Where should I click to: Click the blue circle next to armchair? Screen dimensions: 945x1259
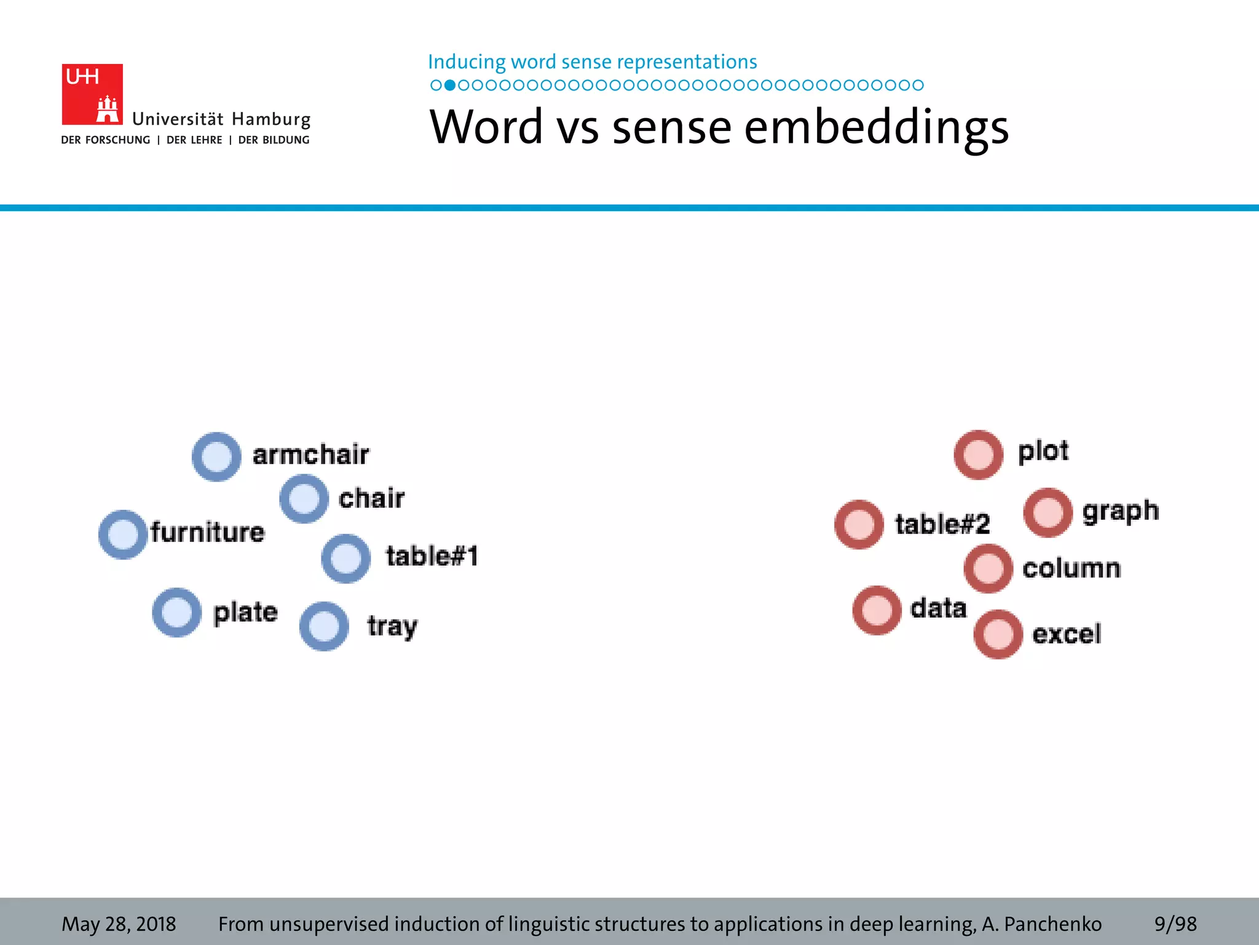pyautogui.click(x=216, y=457)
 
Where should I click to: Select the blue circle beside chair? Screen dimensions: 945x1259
pyautogui.click(x=304, y=499)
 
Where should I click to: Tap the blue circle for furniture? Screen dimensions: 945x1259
pyautogui.click(x=123, y=534)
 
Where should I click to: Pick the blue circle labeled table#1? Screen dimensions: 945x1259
pyautogui.click(x=346, y=559)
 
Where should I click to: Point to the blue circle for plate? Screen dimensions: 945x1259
pyautogui.click(x=177, y=613)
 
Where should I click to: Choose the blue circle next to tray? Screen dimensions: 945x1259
pyautogui.click(x=324, y=626)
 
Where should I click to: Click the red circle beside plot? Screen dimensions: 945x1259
pyautogui.click(x=979, y=455)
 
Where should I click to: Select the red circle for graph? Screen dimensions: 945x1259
pyautogui.click(x=1048, y=512)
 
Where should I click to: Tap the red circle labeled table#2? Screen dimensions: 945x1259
pyautogui.click(x=859, y=524)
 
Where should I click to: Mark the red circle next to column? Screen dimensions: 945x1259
pyautogui.click(x=988, y=568)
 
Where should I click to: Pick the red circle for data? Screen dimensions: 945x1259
pyautogui.click(x=877, y=610)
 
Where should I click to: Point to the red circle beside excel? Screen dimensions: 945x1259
pyautogui.click(x=998, y=634)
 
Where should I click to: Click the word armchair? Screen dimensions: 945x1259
pyautogui.click(x=310, y=455)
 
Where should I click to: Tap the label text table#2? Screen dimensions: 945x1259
pyautogui.click(x=942, y=524)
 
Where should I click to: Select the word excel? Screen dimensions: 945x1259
pyautogui.click(x=1067, y=634)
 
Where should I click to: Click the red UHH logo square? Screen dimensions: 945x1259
pyautogui.click(x=92, y=94)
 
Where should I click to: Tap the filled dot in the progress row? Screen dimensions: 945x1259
pyautogui.click(x=450, y=85)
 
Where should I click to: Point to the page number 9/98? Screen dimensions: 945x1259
pyautogui.click(x=1175, y=923)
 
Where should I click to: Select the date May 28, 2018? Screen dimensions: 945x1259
pyautogui.click(x=119, y=923)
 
